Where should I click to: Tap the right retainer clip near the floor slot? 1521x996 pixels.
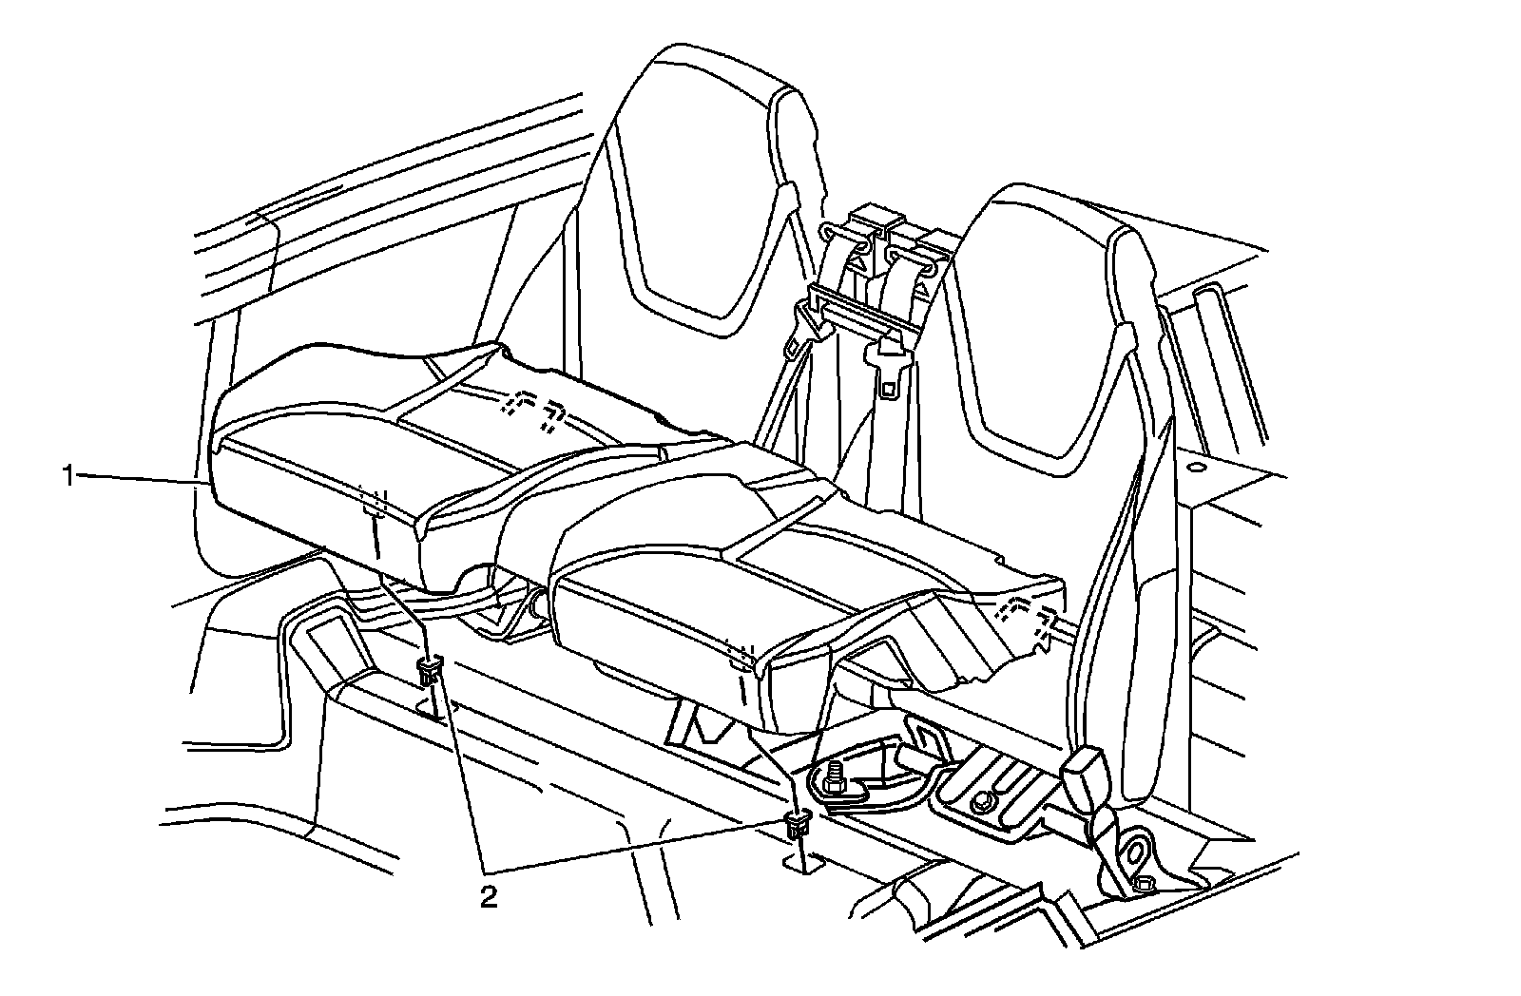click(x=799, y=825)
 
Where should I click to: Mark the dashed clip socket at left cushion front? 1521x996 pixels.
click(x=375, y=502)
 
